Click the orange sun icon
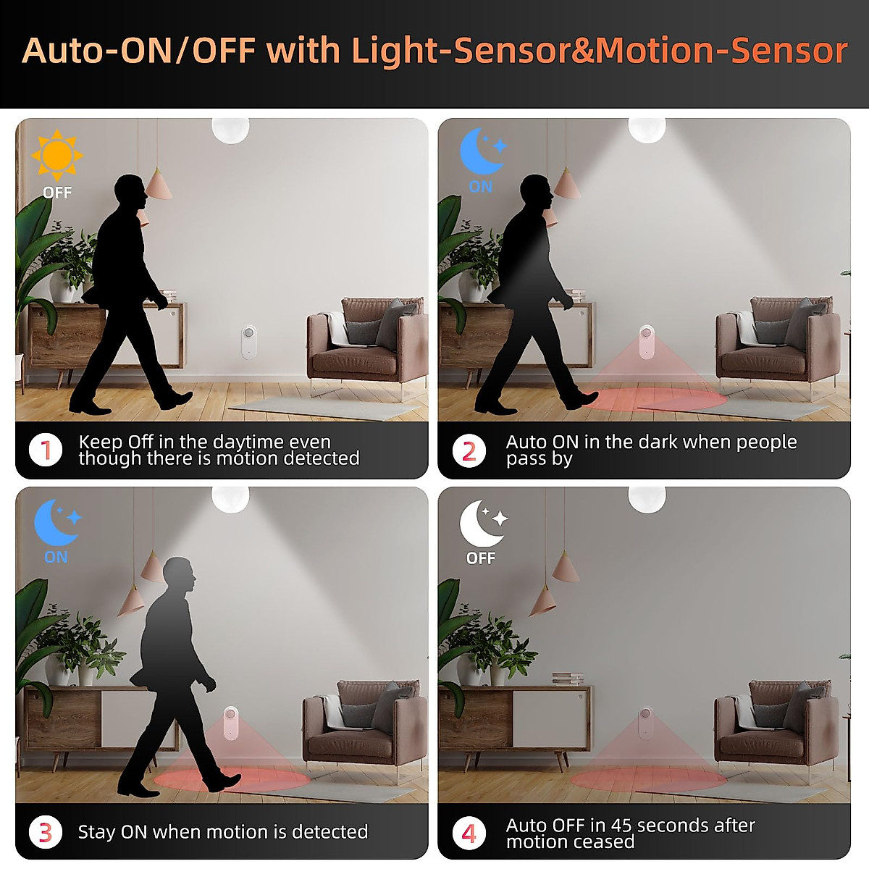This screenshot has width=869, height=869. (57, 154)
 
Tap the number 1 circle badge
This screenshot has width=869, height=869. (46, 450)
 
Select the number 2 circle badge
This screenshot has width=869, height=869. (469, 450)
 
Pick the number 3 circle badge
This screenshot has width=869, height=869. (46, 832)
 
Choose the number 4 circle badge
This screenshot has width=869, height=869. (469, 833)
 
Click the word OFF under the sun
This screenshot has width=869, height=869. (57, 193)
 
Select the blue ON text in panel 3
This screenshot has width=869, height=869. (56, 557)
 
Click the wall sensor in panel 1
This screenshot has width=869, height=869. (248, 342)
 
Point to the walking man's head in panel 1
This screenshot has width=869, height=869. (131, 193)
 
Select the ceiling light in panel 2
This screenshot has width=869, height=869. (647, 129)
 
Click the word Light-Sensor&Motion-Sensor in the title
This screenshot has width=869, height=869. (600, 51)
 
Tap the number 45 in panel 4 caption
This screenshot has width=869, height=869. (621, 826)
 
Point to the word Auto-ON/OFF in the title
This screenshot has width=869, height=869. (138, 51)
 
